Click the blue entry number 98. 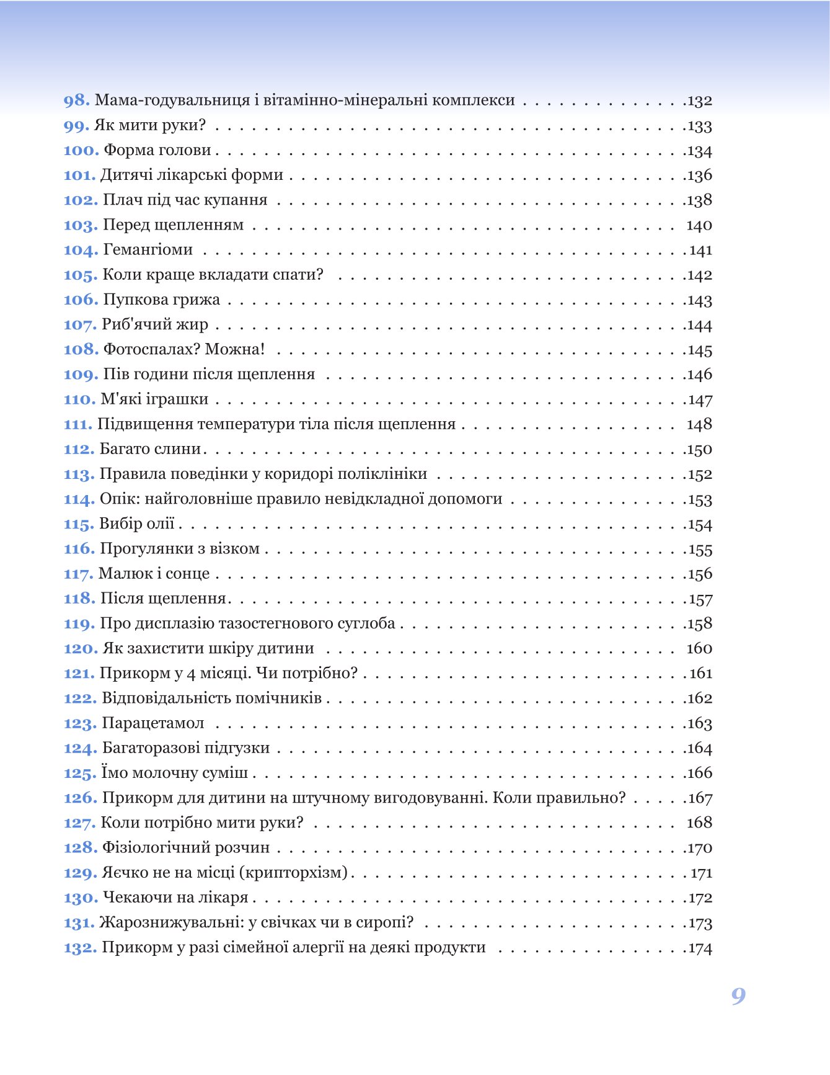point(76,100)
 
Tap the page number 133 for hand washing point(700,126)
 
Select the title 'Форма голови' point(157,150)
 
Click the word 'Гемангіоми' point(148,250)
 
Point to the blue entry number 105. point(80,275)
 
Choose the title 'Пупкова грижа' point(161,300)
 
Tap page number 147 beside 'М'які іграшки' point(700,400)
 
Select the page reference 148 point(699,424)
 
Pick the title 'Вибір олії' point(137,524)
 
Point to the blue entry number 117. point(78,574)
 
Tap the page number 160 point(699,648)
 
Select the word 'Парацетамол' point(153,723)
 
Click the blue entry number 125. point(80,773)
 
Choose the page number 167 point(700,798)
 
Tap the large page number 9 point(738,996)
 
